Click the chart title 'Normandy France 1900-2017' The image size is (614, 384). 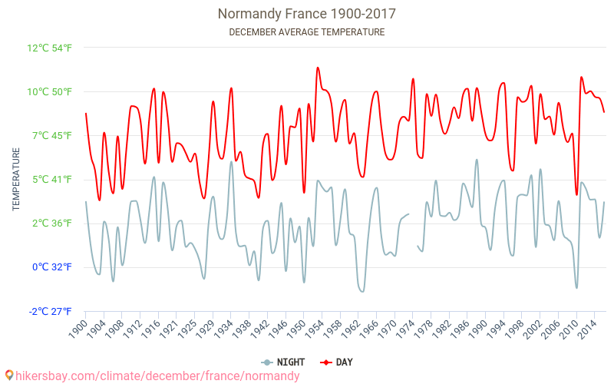click(307, 14)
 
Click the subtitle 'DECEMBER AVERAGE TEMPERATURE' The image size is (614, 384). click(307, 32)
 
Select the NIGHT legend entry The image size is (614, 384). click(283, 362)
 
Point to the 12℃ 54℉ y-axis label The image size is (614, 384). click(50, 48)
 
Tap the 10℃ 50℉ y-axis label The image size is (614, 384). click(50, 92)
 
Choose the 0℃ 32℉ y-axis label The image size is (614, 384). click(51, 267)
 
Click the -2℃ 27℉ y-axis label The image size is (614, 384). click(50, 311)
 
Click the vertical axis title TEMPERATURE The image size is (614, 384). click(16, 180)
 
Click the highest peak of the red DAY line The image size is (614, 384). click(318, 68)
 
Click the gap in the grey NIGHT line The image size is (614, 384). click(413, 230)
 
